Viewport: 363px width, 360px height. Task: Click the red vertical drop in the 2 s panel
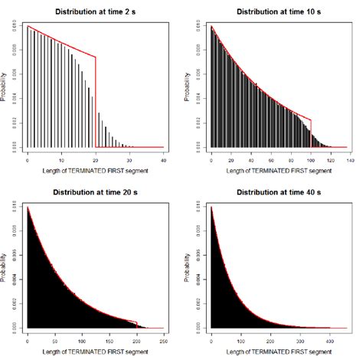point(96,100)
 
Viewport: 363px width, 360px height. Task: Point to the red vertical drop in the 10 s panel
point(311,132)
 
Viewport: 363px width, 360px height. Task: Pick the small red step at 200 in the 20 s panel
point(136,324)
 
